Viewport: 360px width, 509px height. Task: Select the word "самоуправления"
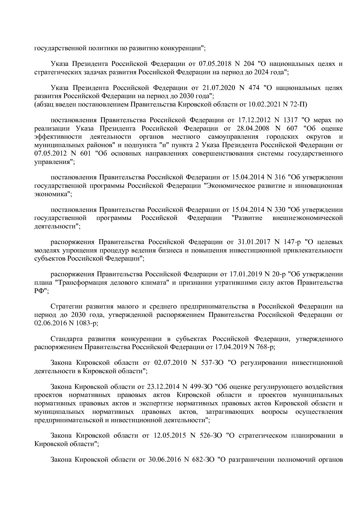click(233, 137)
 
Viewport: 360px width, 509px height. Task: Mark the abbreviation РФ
click(40, 291)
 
